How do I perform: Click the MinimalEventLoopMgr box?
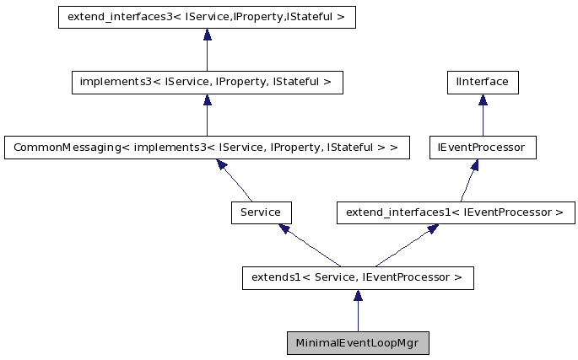coord(358,343)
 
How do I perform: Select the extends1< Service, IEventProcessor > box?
coord(358,277)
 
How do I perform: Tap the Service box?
coord(261,212)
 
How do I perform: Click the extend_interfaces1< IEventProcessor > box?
coord(456,212)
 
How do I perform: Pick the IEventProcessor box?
coord(482,148)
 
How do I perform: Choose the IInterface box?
coord(482,83)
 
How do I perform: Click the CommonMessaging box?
coord(207,148)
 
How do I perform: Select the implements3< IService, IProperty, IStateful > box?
coord(207,83)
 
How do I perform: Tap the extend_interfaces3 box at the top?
coord(207,17)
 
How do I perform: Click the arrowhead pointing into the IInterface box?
coord(483,100)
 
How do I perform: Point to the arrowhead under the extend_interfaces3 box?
coord(207,35)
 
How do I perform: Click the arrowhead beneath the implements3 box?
coord(207,100)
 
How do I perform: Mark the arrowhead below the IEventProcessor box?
coord(473,165)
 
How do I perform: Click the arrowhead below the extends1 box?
coord(358,296)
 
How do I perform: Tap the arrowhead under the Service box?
coord(285,229)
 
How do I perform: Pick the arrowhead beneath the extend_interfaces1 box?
coord(431,229)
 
